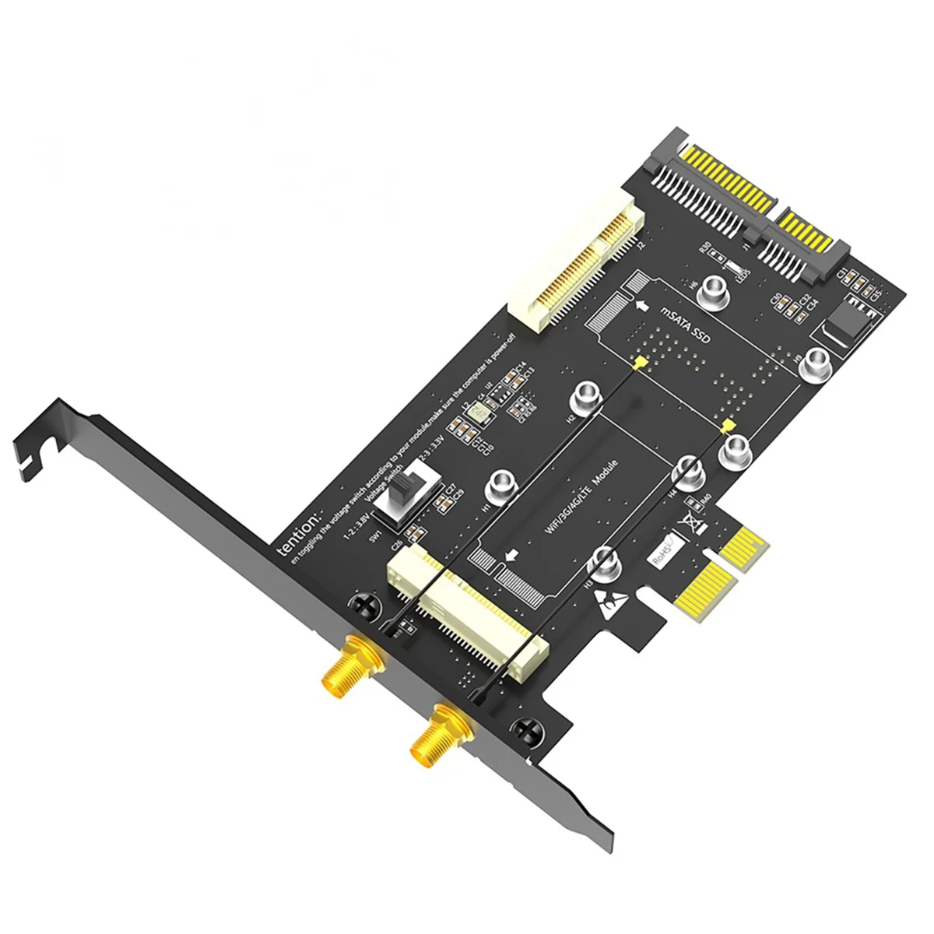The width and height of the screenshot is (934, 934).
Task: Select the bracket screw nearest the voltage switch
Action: [365, 604]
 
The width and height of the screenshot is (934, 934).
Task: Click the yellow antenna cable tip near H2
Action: [638, 363]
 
